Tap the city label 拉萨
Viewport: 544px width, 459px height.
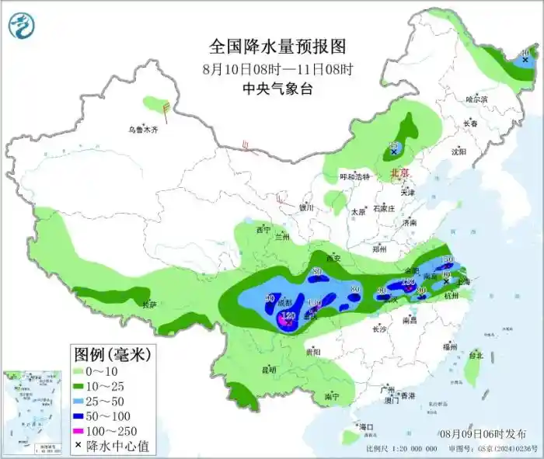(x=148, y=305)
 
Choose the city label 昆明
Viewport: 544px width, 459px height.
(x=268, y=370)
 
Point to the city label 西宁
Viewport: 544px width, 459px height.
(x=263, y=230)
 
